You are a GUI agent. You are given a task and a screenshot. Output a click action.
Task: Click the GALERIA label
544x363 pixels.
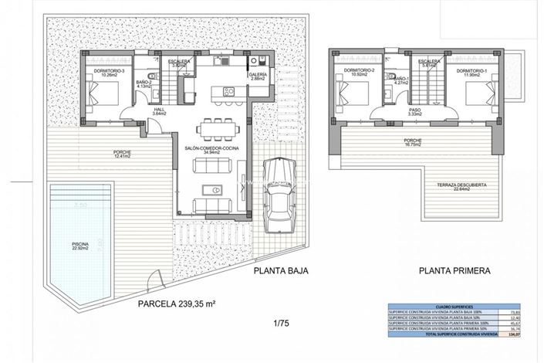tap(258, 74)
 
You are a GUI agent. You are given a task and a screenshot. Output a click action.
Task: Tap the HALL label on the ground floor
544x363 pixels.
tap(160, 111)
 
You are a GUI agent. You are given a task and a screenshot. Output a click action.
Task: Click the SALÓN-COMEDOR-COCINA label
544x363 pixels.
tap(211, 149)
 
